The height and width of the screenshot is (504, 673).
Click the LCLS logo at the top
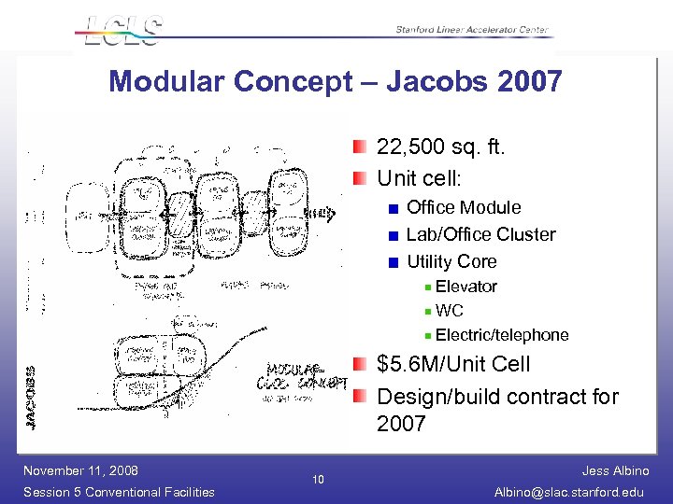tap(122, 31)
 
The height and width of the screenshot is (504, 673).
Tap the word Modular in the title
tap(167, 82)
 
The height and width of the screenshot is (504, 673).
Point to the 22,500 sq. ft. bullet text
tap(440, 147)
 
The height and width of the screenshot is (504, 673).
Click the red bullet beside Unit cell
tap(361, 177)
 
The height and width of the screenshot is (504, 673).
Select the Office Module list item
tap(464, 207)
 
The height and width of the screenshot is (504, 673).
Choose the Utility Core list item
tap(451, 261)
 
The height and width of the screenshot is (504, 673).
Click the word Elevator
tap(465, 287)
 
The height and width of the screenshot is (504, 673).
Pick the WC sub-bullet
tap(449, 311)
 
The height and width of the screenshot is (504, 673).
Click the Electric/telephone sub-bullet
tap(501, 335)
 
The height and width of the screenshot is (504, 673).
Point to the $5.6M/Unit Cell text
tap(453, 364)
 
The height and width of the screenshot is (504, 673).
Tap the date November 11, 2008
tap(80, 470)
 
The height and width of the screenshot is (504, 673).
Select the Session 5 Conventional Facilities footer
tap(119, 492)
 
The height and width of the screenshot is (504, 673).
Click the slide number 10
tap(318, 481)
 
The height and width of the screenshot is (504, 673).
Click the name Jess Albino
tap(615, 471)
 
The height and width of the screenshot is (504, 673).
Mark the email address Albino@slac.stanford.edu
tap(573, 492)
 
